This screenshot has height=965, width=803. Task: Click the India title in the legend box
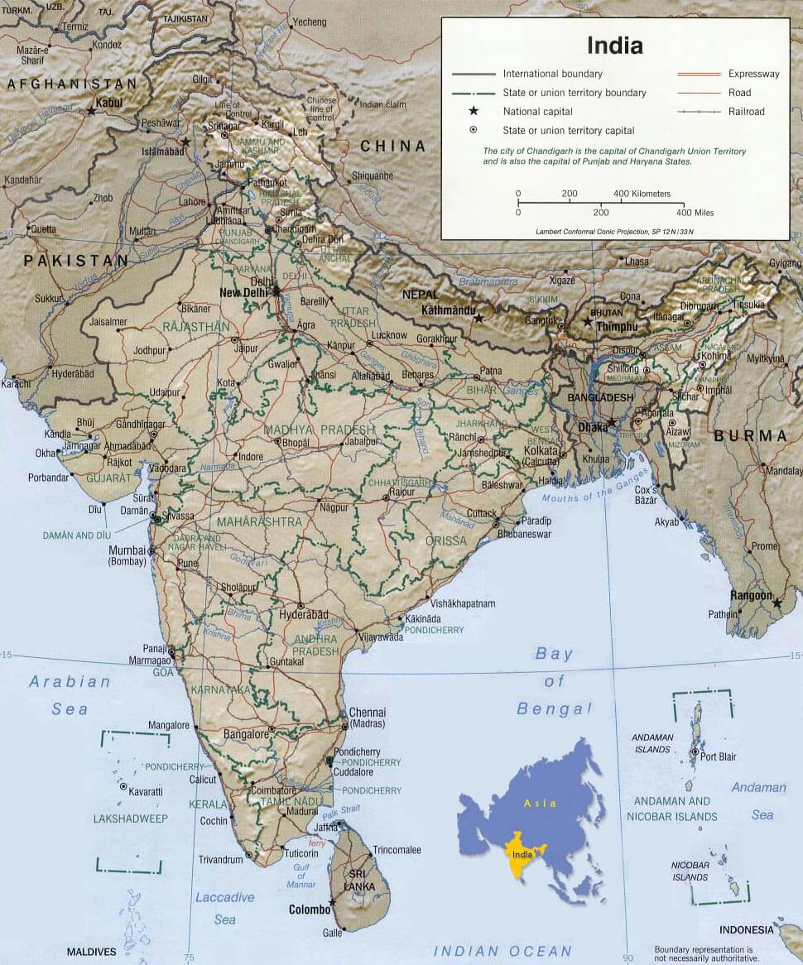tap(614, 45)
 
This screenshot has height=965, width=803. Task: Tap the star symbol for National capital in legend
tap(474, 111)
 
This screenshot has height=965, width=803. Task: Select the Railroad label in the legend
tap(746, 111)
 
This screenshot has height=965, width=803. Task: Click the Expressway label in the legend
tap(753, 74)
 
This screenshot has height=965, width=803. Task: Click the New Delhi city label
tap(245, 292)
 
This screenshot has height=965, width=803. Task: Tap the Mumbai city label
tap(127, 550)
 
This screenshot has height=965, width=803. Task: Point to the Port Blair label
tap(718, 756)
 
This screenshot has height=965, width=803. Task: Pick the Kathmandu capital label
tap(447, 310)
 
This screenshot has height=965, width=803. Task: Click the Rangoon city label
tap(751, 595)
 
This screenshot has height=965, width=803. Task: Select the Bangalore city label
tap(246, 733)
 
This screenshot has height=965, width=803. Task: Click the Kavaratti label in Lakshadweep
tap(146, 791)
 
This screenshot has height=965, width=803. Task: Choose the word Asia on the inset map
tap(539, 803)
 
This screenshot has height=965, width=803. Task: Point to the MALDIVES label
tap(91, 952)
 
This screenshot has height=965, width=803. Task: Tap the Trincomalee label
tap(397, 850)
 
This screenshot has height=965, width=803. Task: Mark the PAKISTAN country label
tap(76, 261)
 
